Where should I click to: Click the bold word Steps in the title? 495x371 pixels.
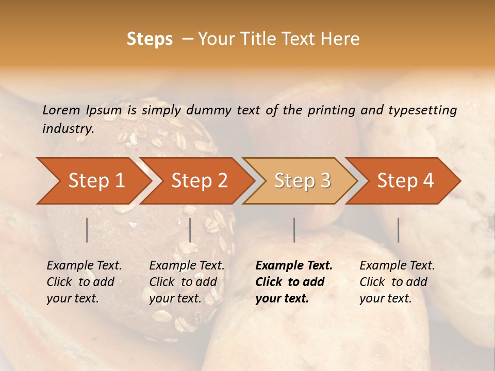150,39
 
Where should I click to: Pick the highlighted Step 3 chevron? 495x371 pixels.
302,180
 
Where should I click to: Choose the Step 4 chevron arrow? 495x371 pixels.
405,180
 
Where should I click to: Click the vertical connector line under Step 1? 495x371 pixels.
87,230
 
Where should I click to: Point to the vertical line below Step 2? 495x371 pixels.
190,230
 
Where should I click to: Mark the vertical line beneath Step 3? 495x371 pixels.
294,230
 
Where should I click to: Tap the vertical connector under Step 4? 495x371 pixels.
398,230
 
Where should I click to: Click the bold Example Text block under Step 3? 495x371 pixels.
294,282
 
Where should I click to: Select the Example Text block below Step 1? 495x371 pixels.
84,282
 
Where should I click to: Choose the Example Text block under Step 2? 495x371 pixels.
187,282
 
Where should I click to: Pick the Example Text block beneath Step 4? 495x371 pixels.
397,282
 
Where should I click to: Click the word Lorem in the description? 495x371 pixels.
61,110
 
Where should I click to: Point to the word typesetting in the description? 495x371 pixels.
422,110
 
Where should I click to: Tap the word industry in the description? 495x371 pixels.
68,129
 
